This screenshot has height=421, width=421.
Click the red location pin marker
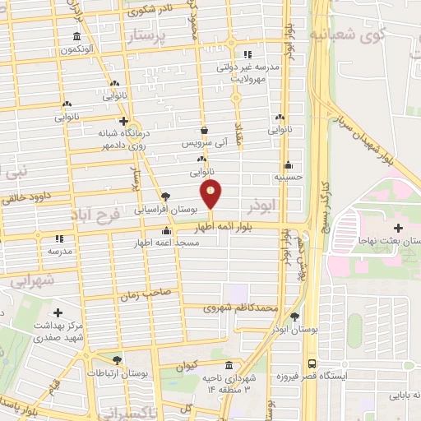[212, 195]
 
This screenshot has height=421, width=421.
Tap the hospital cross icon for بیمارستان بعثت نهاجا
[398, 227]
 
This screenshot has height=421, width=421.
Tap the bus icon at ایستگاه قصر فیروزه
[312, 363]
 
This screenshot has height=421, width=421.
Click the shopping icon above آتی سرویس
[204, 130]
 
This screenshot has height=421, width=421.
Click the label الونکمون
[76, 49]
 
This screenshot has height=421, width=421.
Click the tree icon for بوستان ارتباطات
[118, 360]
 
